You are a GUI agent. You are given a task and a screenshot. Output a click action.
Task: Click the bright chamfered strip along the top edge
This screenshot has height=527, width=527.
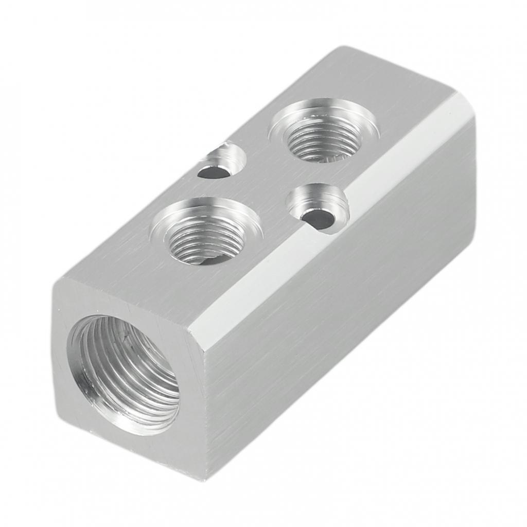tap(329, 206)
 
